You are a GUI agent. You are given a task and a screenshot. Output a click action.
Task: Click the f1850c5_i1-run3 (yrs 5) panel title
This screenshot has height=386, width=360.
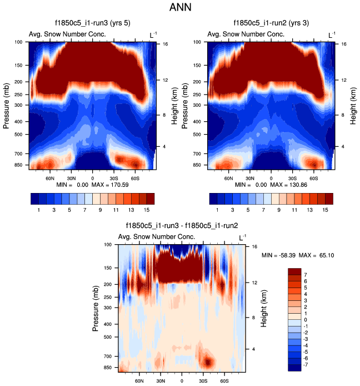(92, 23)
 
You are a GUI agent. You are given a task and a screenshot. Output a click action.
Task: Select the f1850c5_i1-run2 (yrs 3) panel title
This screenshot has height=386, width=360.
(271, 23)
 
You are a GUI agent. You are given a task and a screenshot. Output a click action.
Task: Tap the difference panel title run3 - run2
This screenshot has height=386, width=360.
(181, 226)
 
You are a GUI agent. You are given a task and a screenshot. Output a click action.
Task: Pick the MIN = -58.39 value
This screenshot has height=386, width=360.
(280, 255)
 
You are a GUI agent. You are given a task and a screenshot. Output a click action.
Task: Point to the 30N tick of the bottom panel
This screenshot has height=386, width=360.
(161, 380)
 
